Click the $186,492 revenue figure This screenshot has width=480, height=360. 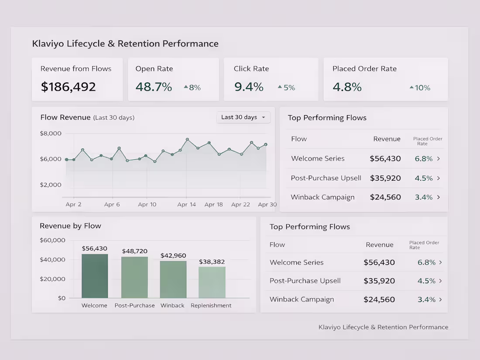pos(68,87)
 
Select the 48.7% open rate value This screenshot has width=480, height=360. pos(154,87)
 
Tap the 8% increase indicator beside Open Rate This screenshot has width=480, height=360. pos(192,88)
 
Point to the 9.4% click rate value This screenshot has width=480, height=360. pos(249,87)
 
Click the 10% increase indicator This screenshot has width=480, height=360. pos(420,88)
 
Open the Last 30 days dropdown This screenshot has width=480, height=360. pos(243,117)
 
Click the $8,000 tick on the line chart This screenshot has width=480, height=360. pos(51,133)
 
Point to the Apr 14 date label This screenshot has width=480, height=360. pos(186,205)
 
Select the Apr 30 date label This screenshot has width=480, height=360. pos(267,205)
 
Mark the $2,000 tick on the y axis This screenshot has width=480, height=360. pos(51,185)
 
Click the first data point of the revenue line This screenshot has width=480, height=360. pos(67,159)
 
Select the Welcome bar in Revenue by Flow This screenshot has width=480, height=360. pos(95,276)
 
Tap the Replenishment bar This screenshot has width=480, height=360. pos(212,282)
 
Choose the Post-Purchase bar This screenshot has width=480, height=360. pos(134,278)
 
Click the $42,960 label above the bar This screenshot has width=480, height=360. pos(173,255)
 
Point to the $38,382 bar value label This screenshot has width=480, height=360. pos(212,262)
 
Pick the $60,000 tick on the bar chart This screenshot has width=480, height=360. pos(52,240)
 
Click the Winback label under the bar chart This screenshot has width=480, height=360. pos(172,305)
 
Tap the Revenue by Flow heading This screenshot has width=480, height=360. pos(70,226)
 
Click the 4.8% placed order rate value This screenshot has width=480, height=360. pos(347,87)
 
